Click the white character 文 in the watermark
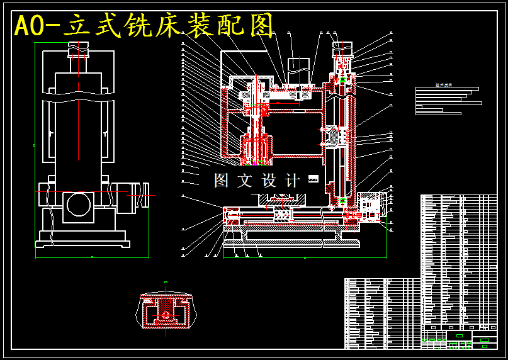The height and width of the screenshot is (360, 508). point(245,181)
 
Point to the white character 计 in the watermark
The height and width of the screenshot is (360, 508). point(293,181)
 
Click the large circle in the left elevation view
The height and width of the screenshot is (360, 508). point(79,205)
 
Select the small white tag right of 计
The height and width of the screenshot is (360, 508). point(313,179)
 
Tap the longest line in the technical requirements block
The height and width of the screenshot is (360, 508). point(449,103)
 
